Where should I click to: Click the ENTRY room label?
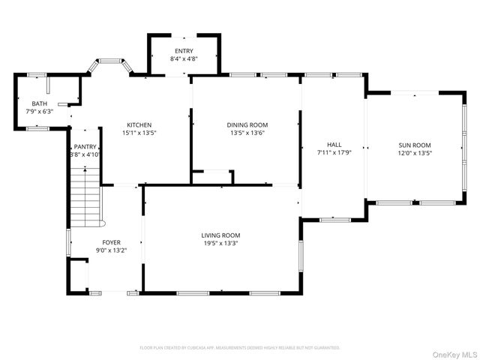click(x=184, y=50)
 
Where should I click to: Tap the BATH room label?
click(x=39, y=103)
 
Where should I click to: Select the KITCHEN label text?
click(x=139, y=124)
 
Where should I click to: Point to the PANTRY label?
click(x=85, y=146)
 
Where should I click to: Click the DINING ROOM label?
click(x=247, y=124)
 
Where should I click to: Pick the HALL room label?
click(x=334, y=144)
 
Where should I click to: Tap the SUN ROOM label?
click(x=414, y=144)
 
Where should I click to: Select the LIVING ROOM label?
click(x=220, y=235)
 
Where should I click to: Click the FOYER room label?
click(x=111, y=242)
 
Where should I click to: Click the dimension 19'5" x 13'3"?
click(x=220, y=243)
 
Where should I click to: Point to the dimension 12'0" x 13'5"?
click(x=414, y=152)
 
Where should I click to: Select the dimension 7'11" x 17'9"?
click(x=334, y=152)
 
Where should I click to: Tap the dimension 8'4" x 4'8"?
click(x=184, y=58)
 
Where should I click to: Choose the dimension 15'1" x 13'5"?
click(x=139, y=133)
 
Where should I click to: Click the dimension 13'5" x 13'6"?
click(x=247, y=133)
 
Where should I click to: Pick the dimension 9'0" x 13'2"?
click(x=111, y=250)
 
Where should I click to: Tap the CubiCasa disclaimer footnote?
click(x=240, y=348)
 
